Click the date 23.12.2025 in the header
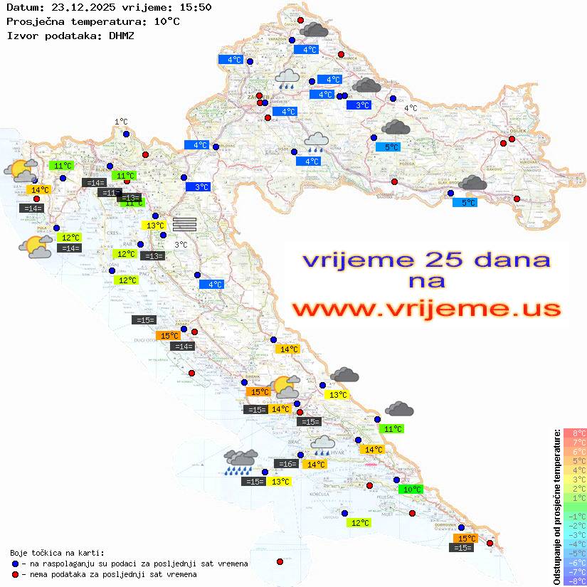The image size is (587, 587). pos(79,7)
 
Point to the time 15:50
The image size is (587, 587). pos(195,7)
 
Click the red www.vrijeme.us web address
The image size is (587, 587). pos(426,310)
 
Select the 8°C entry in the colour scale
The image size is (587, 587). pos(575,433)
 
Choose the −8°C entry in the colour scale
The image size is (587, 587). pos(575,581)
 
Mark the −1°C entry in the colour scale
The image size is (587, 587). pos(575,516)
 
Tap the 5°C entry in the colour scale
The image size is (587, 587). pos(575,460)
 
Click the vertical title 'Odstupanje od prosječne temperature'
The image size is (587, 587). pos(556,507)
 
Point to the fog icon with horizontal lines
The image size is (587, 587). pos(184,223)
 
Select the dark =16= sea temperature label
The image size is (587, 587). pos(285,464)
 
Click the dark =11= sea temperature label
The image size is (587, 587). pos(110,193)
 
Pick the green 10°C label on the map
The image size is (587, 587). pos(411,490)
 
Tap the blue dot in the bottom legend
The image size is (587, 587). pos(15,564)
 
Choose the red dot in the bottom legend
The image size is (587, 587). pos(15,574)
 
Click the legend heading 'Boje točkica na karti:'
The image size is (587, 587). pos(57,552)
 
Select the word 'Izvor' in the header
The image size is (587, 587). pos(21,35)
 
